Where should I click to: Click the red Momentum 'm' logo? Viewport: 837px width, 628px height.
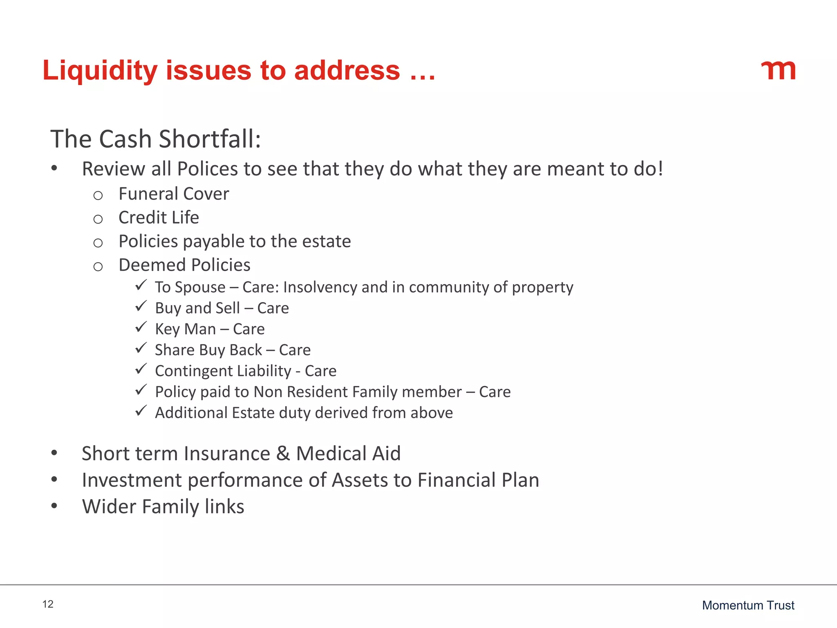[x=779, y=70]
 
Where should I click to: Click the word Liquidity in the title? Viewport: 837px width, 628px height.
[x=100, y=70]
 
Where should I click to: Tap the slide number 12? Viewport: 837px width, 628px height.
[x=48, y=604]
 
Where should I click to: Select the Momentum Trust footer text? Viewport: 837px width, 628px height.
[x=748, y=605]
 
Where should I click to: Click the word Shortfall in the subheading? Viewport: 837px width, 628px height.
[x=210, y=139]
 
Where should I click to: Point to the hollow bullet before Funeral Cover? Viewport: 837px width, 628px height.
[x=98, y=195]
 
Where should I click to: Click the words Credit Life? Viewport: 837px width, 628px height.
[x=159, y=218]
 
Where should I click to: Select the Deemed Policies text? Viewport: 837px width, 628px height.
[x=184, y=265]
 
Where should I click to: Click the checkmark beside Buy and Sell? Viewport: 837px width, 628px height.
[x=141, y=306]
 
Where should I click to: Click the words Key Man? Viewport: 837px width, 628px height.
[x=185, y=329]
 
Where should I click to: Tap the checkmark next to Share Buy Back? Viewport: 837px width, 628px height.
[x=141, y=348]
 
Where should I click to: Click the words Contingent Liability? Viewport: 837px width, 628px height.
[x=223, y=371]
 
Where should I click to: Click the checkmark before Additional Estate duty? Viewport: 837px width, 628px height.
[x=141, y=410]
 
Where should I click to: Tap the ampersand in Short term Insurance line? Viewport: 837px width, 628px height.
[x=283, y=453]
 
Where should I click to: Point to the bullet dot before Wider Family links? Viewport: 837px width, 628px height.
[x=54, y=506]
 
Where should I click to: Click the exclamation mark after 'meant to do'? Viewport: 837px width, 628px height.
[x=660, y=169]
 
